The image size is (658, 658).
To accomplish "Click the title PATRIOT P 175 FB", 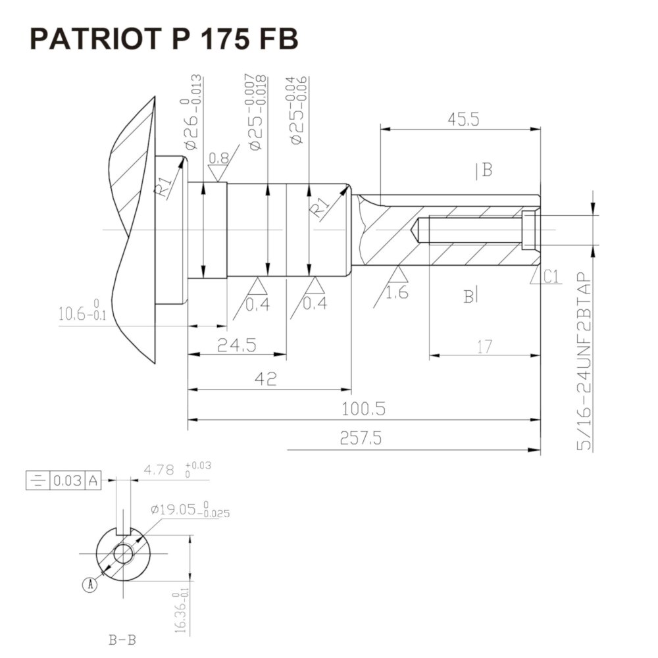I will click(164, 39).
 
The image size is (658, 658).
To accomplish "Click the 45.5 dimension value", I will click(463, 120).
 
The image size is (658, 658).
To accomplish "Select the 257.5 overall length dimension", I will click(361, 438).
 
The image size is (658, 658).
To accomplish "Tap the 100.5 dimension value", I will click(363, 409).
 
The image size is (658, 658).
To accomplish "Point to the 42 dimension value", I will click(266, 379).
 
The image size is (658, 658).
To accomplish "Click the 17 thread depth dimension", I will click(484, 346).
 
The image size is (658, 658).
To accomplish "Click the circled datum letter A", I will click(91, 584).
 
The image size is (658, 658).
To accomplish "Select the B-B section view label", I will click(122, 639).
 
